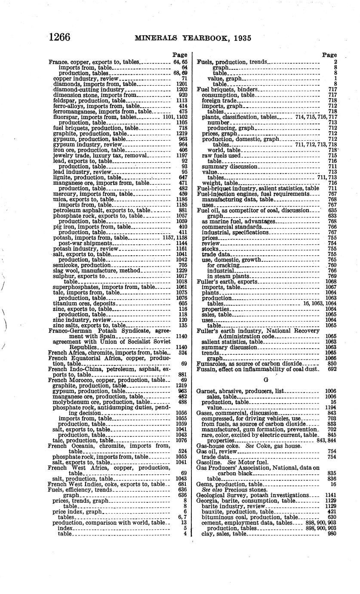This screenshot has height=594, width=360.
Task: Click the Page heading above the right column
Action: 329,55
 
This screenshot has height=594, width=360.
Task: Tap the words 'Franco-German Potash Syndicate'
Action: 87,331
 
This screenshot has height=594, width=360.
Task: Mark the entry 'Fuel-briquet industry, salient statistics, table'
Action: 258,188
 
